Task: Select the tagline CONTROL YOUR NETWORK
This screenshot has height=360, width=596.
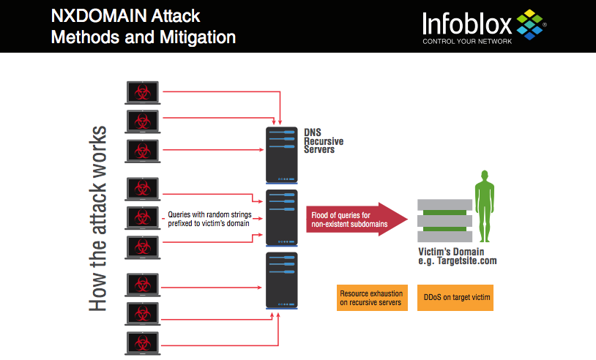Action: coord(467,41)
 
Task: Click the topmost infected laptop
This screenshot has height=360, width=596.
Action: coord(143,92)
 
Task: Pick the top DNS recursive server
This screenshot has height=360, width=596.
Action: coord(281,155)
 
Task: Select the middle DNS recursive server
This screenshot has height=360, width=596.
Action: coord(281,217)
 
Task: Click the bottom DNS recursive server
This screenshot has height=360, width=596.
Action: coord(281,280)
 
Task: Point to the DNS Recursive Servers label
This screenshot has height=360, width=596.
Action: coord(324,140)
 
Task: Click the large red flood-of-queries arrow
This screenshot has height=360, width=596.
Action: coord(356,219)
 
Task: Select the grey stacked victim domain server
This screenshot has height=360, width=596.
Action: coord(444,221)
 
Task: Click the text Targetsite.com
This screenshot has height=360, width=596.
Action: coord(469,260)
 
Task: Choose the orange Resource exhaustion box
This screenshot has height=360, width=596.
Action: coord(371,297)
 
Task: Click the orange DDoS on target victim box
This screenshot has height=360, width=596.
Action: coord(456,297)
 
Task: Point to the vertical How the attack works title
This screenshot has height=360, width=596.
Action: coord(98,220)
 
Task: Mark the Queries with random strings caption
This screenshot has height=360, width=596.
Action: coord(208,219)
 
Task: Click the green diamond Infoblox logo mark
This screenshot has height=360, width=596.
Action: coord(531,23)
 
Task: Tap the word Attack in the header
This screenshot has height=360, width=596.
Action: coord(176,15)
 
